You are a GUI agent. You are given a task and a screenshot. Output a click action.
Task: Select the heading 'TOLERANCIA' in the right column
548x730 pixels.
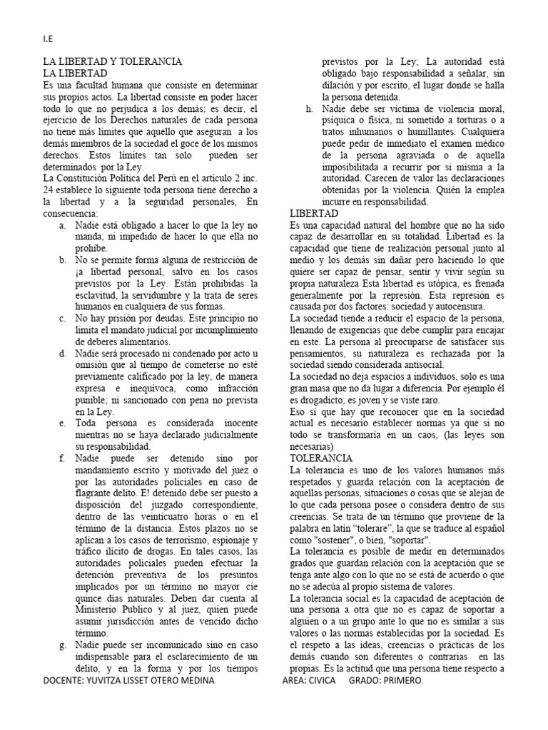pos(320,458)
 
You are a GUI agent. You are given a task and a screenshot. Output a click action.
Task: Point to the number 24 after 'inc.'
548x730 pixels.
pos(49,190)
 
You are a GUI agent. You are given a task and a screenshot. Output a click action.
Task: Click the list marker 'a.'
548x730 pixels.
pos(64,225)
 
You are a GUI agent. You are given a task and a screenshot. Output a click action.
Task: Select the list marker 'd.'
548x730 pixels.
pos(64,354)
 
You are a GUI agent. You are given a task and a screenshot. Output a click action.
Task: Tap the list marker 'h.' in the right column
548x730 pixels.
pos(308,108)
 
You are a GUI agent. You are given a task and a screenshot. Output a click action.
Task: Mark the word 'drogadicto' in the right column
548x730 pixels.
pos(325,400)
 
